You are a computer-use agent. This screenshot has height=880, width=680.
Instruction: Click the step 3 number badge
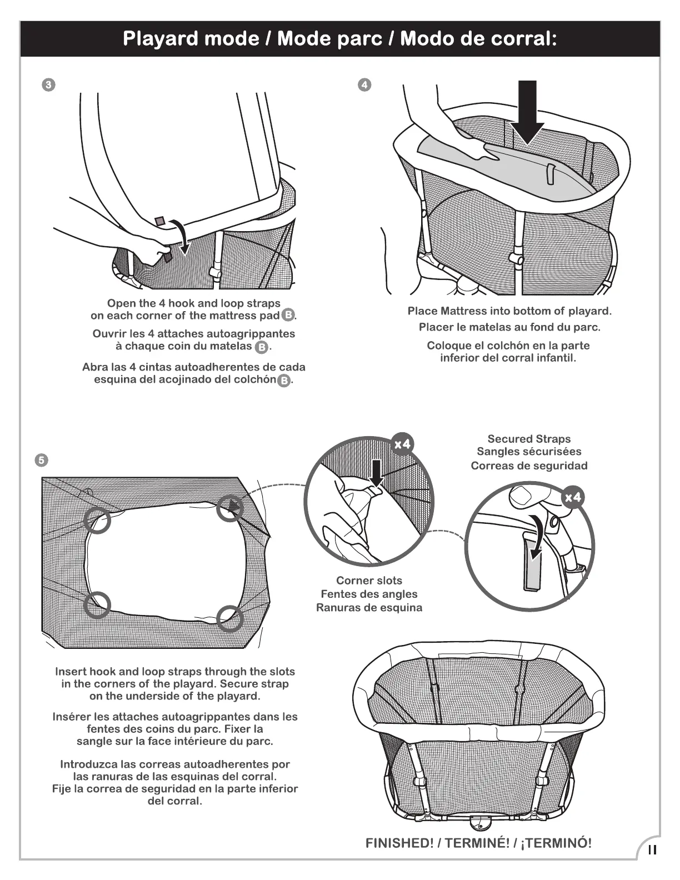49,85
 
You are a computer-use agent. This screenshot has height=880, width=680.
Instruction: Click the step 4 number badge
364,85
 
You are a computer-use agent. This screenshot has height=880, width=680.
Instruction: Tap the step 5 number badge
41,460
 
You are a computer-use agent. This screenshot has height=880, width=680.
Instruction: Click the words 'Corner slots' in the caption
369,581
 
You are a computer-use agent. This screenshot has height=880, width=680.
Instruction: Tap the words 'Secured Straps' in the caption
529,439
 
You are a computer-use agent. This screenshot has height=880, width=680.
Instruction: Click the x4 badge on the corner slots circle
402,444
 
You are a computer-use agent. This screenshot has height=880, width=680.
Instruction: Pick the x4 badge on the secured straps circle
573,497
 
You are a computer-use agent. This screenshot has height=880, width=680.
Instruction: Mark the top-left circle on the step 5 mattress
97,520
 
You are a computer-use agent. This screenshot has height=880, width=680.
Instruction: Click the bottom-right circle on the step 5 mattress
230,618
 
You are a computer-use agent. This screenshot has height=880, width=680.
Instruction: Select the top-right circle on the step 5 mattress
229,508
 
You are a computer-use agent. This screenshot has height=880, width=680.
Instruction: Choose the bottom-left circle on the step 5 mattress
98,604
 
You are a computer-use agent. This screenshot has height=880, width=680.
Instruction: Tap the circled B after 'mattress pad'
288,316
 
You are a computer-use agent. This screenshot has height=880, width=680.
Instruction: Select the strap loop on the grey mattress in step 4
550,173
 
